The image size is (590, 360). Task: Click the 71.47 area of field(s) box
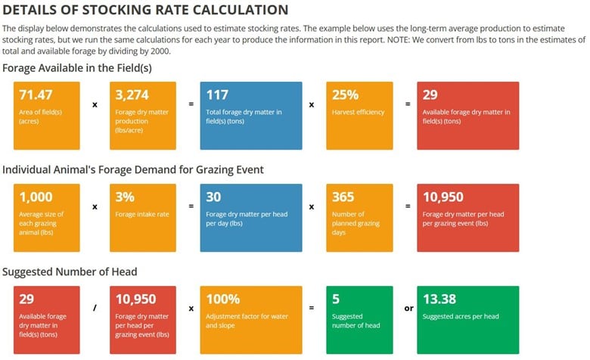[x=47, y=116]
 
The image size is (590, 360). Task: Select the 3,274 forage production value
[x=132, y=95]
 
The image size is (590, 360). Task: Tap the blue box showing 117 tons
[x=251, y=116]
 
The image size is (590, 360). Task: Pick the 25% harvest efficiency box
[x=359, y=116]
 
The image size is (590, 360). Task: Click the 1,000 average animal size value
[x=36, y=197]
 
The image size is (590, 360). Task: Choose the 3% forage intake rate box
[x=143, y=218]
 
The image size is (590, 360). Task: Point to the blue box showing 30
[x=251, y=218]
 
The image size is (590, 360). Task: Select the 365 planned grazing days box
[x=359, y=218]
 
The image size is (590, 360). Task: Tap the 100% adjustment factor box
[x=251, y=320]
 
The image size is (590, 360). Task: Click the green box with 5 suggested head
[x=359, y=320]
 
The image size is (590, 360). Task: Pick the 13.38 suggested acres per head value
[x=439, y=299]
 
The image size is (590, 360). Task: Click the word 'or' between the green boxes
[x=409, y=309]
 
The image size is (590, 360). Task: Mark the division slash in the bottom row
[x=95, y=308]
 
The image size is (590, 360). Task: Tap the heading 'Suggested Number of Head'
[x=70, y=272]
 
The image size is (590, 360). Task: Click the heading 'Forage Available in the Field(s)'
[x=77, y=68]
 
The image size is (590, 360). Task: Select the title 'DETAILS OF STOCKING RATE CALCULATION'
[x=145, y=10]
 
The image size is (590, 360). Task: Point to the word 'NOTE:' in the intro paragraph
[x=399, y=39]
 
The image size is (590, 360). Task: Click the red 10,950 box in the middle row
[x=468, y=218]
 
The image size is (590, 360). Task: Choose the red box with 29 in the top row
[x=468, y=116]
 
